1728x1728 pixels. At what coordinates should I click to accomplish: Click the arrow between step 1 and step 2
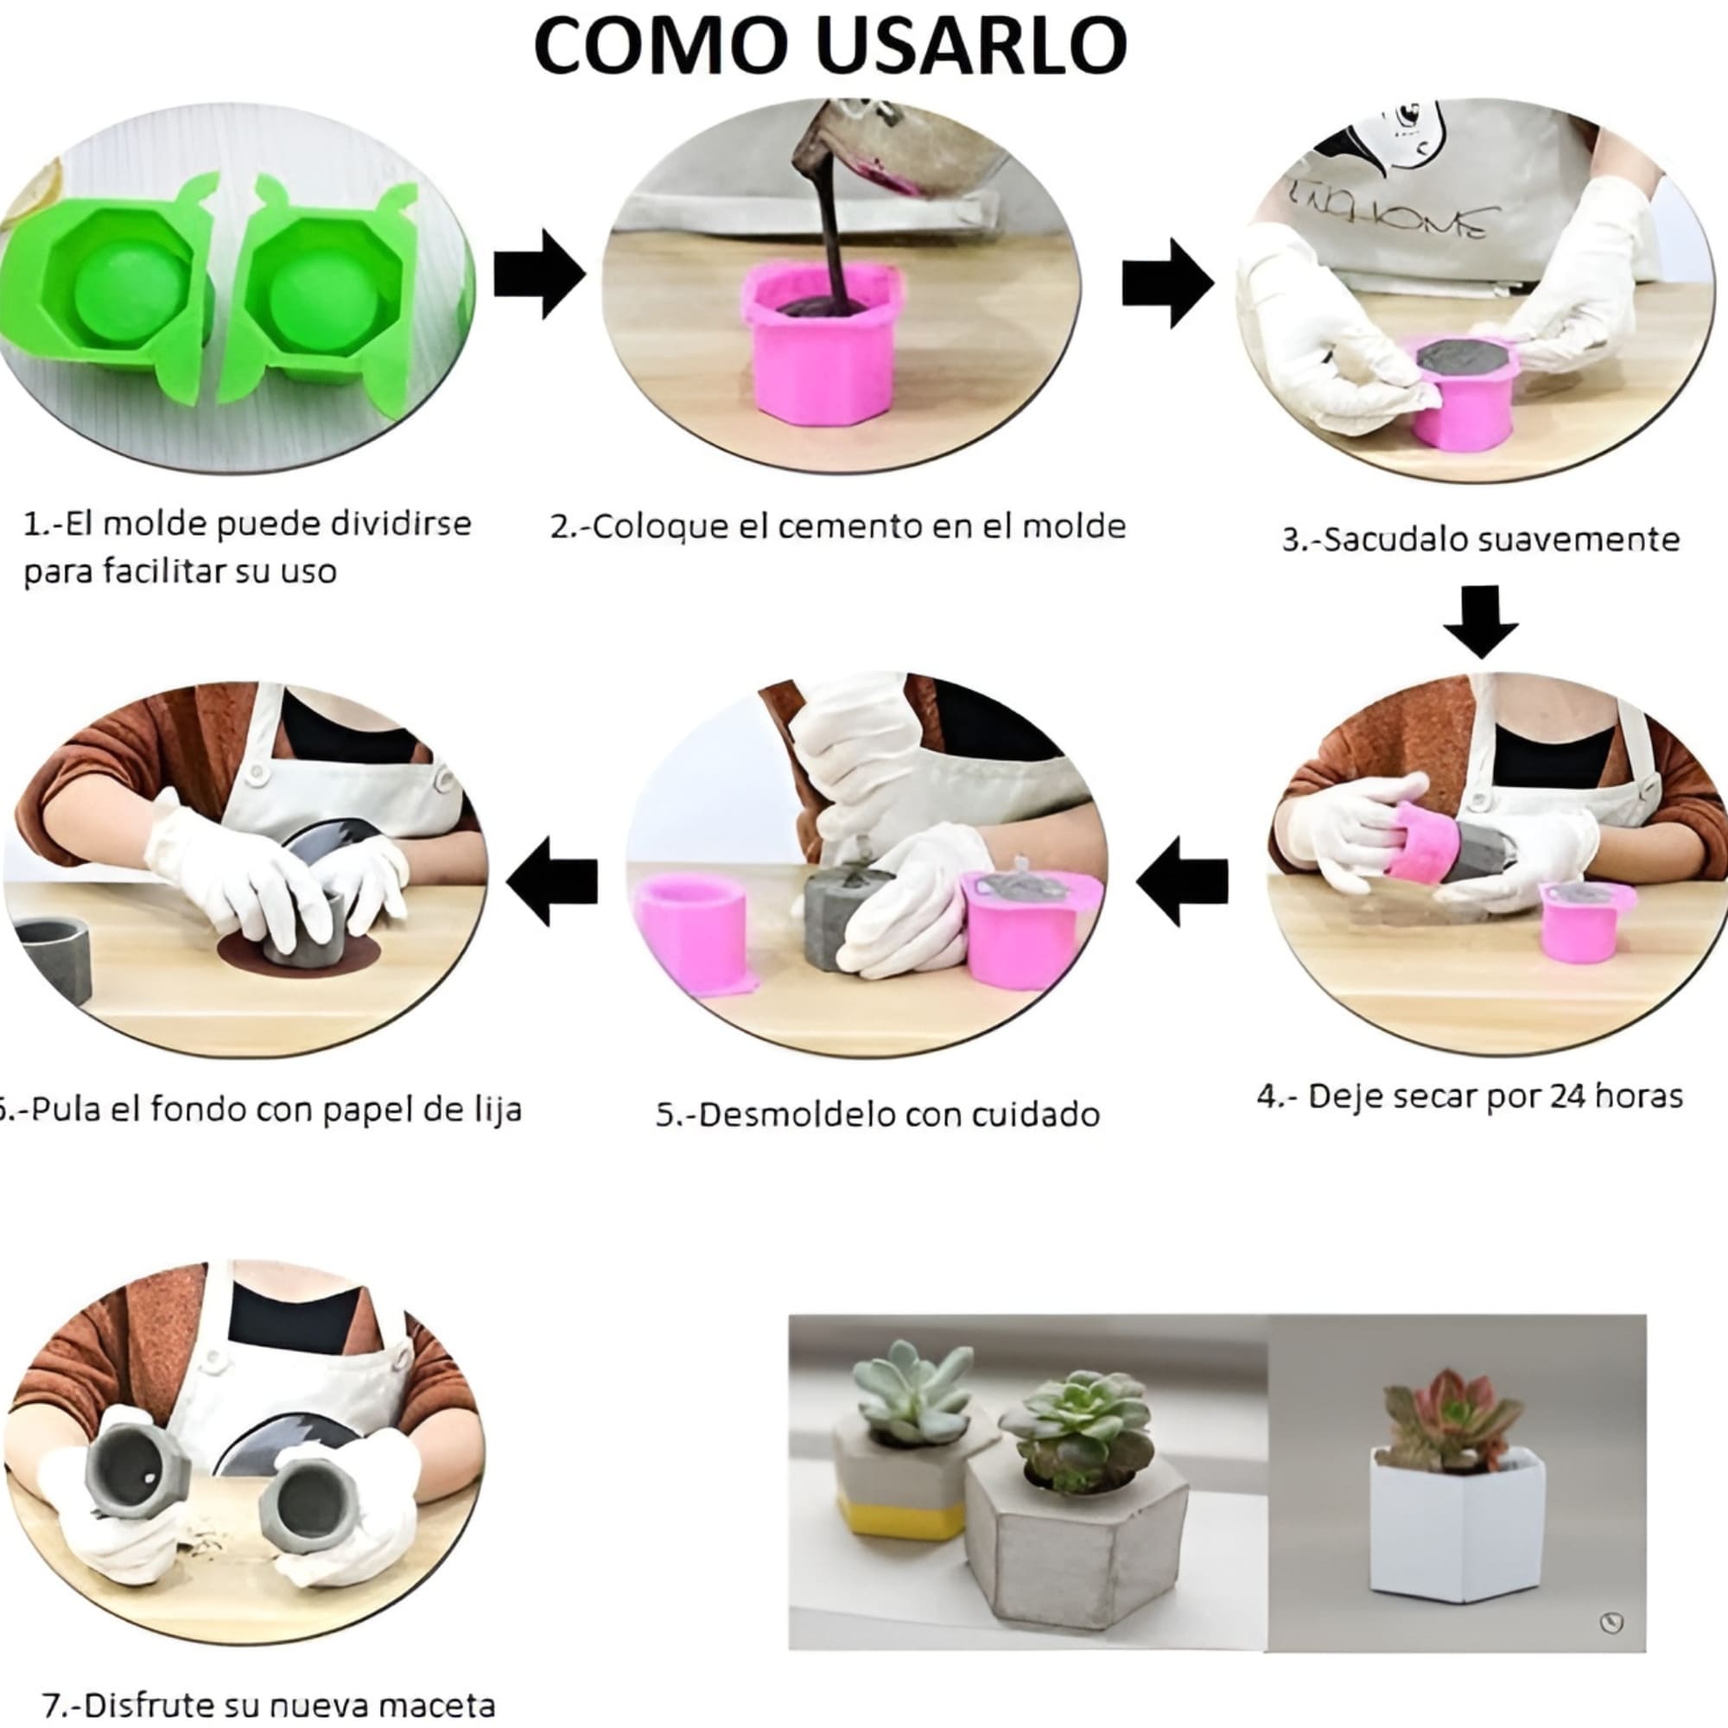[539, 275]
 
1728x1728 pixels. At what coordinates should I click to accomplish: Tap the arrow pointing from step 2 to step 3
[1167, 282]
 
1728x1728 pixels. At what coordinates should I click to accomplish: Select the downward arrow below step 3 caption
[1480, 620]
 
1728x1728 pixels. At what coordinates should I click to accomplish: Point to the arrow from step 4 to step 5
[1183, 881]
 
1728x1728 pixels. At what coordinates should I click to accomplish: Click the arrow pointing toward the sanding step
[552, 881]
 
